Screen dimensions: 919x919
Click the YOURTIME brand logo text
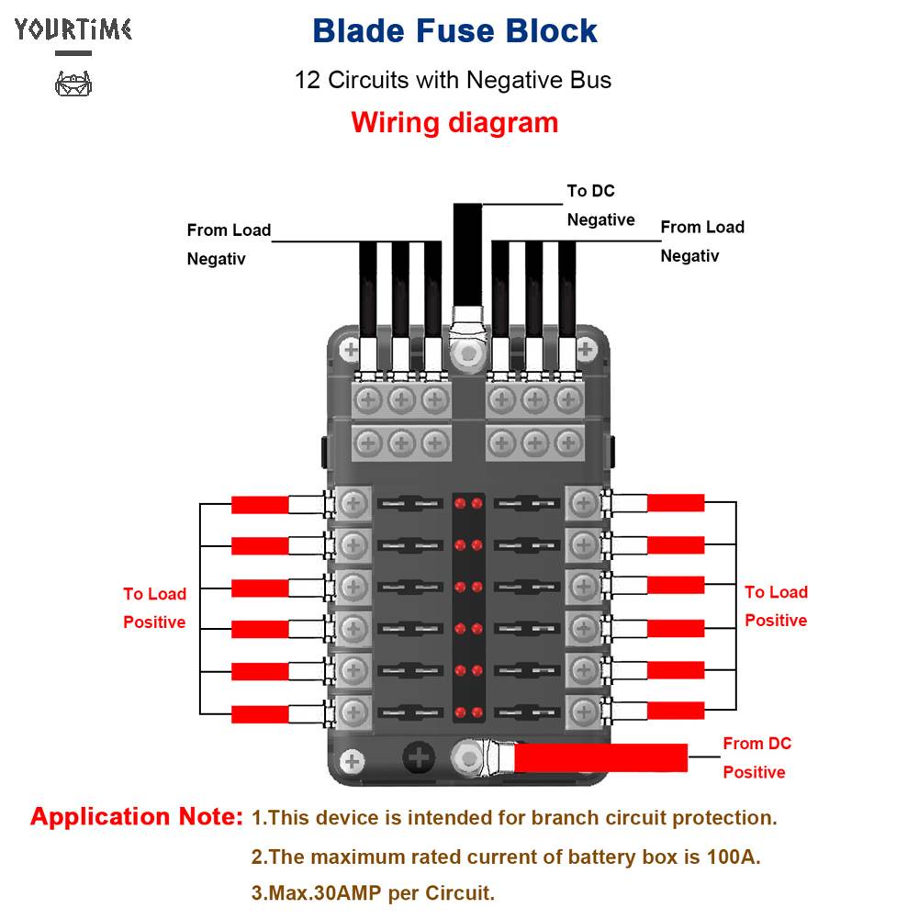point(73,29)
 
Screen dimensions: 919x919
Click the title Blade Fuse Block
point(454,31)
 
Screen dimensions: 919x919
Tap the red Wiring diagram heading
point(454,123)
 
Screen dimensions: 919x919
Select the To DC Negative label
point(600,206)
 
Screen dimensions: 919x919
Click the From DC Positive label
point(756,757)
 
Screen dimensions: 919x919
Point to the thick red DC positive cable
point(600,757)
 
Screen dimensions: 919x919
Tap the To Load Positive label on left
point(154,608)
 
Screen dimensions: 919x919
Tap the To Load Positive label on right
point(776,606)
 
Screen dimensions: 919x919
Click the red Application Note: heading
point(137,817)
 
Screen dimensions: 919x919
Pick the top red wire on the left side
point(260,504)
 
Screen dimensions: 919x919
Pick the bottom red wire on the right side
point(676,710)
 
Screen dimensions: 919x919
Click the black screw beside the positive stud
point(420,758)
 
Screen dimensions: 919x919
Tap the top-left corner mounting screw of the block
point(350,349)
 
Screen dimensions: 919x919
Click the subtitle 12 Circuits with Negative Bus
point(453,80)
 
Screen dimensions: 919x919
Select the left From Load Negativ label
point(229,244)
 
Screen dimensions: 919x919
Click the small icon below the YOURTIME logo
point(73,85)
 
